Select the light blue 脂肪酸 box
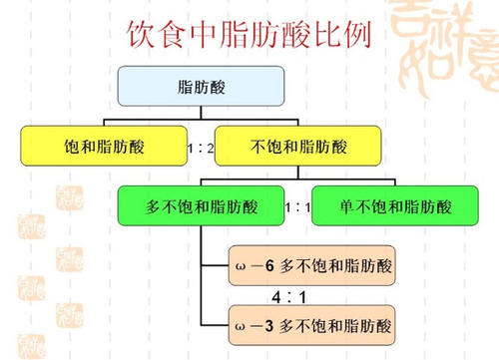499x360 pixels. (x=200, y=87)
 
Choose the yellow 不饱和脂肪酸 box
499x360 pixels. (x=296, y=147)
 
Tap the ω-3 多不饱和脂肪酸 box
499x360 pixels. (x=310, y=324)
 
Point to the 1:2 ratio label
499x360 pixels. (x=201, y=148)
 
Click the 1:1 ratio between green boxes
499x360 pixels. (x=296, y=208)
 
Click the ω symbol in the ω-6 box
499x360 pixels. (x=238, y=267)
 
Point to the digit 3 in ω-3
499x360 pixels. (x=267, y=325)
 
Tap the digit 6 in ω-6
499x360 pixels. (x=267, y=267)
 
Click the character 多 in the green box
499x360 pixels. (x=155, y=207)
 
